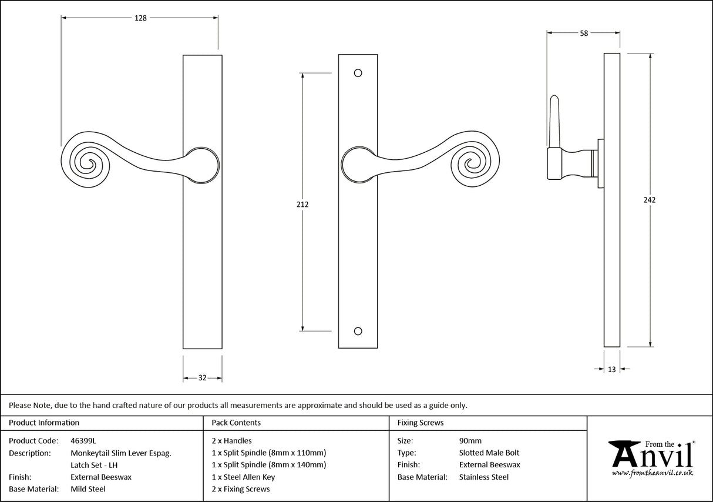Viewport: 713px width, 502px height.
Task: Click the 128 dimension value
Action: point(140,18)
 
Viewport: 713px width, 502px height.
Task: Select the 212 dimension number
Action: point(302,205)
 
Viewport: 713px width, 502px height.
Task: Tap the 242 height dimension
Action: point(649,200)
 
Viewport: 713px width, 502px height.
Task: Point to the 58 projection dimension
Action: point(583,34)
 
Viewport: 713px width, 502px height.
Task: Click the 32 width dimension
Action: point(202,378)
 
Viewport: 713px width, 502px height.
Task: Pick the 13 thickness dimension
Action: point(612,369)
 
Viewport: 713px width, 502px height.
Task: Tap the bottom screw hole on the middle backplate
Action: point(358,330)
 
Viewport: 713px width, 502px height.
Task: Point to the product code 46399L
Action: point(83,440)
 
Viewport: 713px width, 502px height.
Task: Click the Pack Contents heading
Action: point(236,423)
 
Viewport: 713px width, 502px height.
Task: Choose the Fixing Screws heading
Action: point(421,423)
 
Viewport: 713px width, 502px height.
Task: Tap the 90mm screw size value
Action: point(470,440)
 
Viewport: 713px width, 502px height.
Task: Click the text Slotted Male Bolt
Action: point(489,453)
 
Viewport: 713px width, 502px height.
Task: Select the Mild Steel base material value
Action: point(88,489)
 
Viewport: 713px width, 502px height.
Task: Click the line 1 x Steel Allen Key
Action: point(243,477)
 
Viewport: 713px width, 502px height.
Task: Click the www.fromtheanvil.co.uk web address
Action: point(652,473)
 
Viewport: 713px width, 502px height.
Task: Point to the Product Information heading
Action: point(44,423)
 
